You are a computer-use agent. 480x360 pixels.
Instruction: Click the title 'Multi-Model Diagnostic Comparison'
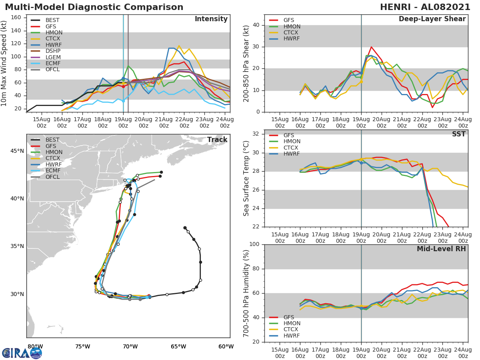point(94,7)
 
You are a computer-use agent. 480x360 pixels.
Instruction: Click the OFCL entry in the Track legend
point(52,177)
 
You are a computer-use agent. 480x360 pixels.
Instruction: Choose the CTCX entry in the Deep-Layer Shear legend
point(292,32)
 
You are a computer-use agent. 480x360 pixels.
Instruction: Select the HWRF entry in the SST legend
point(292,154)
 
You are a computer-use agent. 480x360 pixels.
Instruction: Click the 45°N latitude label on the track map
point(17,151)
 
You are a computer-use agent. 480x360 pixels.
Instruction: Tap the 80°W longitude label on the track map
point(35,346)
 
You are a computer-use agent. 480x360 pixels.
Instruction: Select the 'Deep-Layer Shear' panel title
point(432,19)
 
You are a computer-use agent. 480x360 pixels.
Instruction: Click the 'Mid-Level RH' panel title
point(441,249)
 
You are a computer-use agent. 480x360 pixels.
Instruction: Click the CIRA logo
point(22,353)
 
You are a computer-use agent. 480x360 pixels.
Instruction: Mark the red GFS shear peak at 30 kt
point(371,47)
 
